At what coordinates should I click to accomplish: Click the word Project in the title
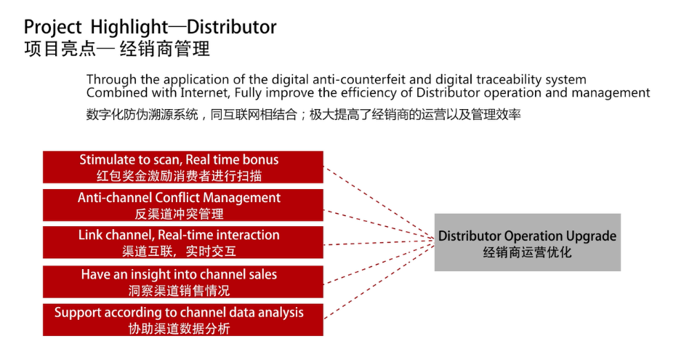coord(52,28)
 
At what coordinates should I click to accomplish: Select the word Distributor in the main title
coord(232,27)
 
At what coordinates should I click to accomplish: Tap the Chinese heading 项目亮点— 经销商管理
coord(117,49)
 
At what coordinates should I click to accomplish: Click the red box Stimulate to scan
coord(182,167)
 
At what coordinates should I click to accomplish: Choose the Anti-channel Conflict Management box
coord(182,205)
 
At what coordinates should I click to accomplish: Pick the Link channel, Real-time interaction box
coord(182,242)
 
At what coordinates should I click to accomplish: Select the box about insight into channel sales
coord(182,282)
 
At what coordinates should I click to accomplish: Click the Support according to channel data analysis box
coord(182,320)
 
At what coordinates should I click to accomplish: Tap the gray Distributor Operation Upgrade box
coord(528,242)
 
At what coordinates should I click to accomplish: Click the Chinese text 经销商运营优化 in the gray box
coord(527,252)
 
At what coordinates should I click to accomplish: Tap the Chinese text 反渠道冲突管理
coord(180,214)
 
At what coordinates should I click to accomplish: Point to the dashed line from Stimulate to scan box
coord(379,202)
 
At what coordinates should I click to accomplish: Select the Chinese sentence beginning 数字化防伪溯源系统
coord(304,115)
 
